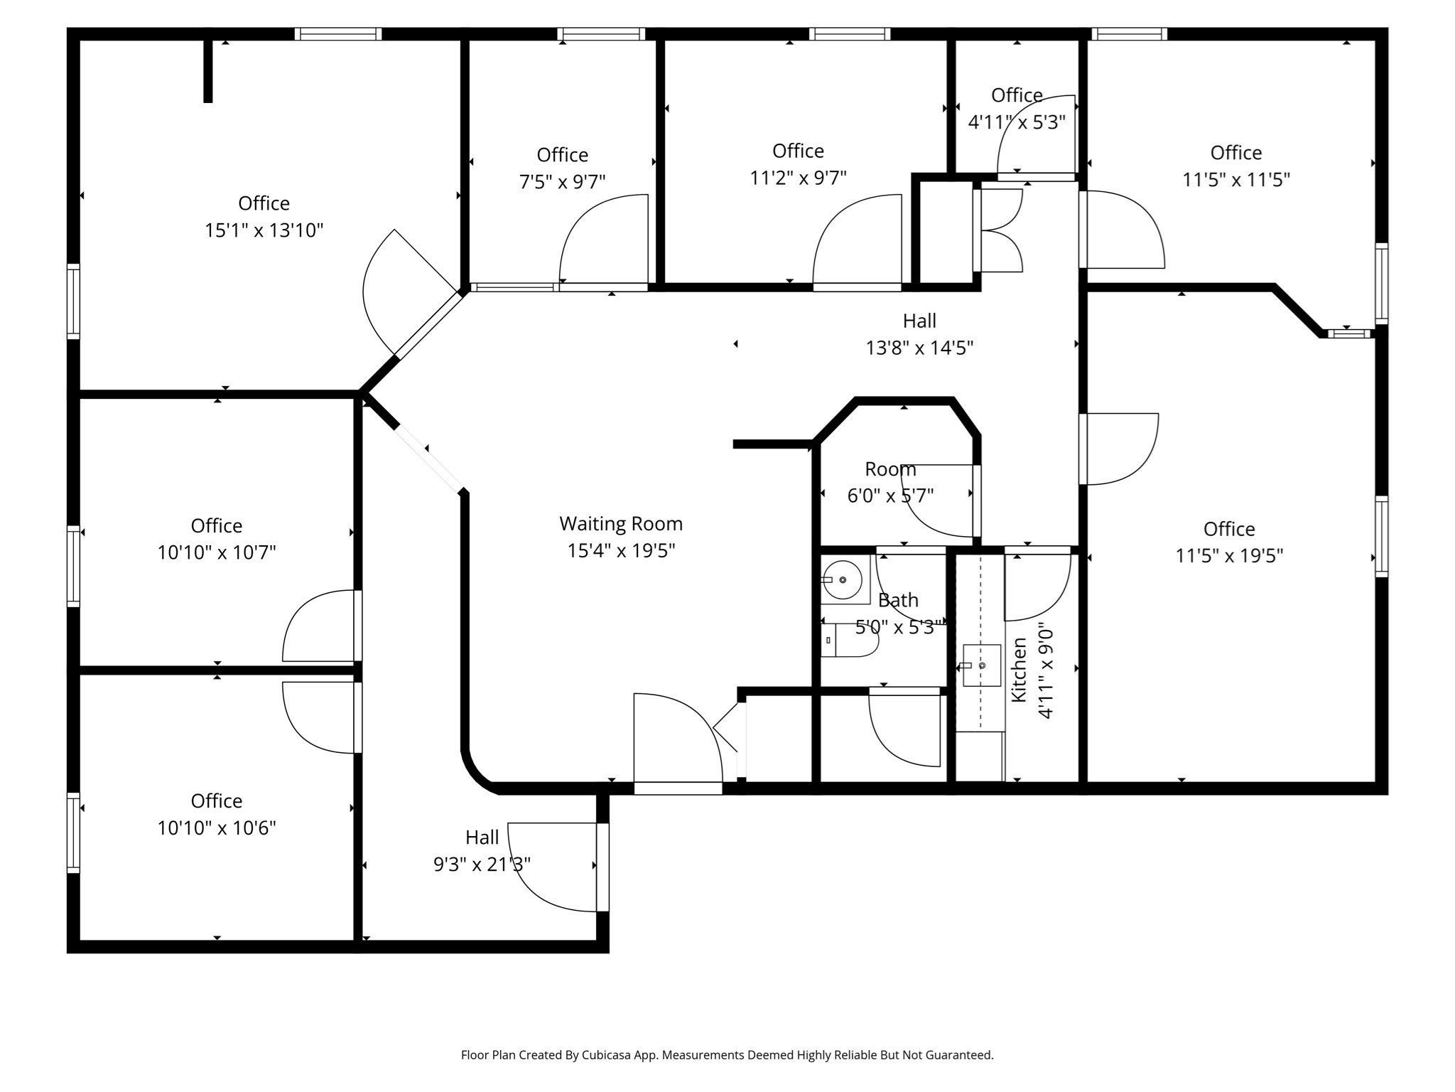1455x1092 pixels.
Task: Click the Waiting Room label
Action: point(621,524)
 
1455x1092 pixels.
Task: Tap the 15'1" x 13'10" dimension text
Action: point(264,230)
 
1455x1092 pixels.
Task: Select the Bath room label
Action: point(898,600)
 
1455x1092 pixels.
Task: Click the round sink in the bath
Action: point(843,580)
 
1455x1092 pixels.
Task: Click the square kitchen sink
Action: point(981,665)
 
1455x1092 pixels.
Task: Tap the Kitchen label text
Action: point(1019,670)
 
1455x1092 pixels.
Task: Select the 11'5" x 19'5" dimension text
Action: point(1229,555)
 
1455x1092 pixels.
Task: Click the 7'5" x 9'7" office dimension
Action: point(563,182)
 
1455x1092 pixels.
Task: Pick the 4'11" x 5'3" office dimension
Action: point(1017,122)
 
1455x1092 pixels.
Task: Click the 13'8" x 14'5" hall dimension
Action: point(919,348)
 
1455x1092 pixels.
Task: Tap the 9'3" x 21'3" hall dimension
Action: point(482,864)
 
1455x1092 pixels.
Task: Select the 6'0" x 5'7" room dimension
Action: point(890,495)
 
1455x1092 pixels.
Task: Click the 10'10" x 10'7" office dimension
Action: point(217,552)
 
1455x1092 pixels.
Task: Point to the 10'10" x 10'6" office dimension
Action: point(217,828)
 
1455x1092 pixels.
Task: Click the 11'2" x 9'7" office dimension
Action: point(799,178)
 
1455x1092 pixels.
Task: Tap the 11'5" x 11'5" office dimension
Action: point(1236,179)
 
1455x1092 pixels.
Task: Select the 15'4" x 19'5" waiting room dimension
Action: point(621,551)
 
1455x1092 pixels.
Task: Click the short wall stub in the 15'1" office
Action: point(208,70)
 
